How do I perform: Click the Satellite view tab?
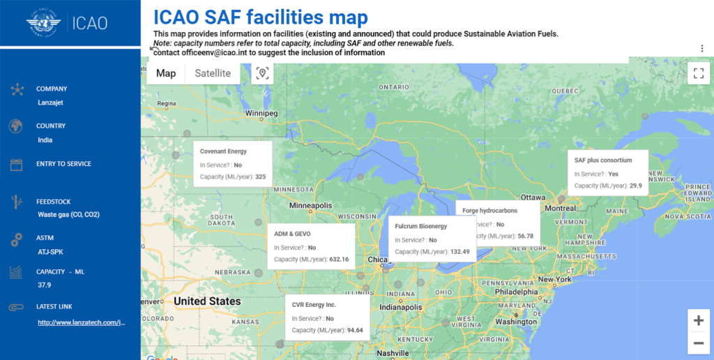213,73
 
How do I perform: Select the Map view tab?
166,73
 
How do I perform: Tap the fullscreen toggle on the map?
698,73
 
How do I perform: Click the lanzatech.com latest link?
81,322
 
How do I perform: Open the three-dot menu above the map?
701,48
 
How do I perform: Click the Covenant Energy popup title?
223,151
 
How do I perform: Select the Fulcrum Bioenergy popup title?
420,226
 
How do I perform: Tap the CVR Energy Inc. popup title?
314,305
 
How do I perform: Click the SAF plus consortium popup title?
603,160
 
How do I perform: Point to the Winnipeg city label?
261,113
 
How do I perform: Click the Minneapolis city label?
311,206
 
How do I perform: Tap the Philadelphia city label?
517,292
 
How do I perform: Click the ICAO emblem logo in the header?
44,22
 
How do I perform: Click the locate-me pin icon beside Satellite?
262,73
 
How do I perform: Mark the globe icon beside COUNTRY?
16,126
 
